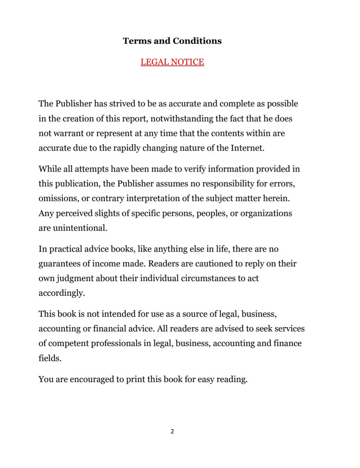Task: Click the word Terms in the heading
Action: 137,41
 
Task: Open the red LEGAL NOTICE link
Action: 172,62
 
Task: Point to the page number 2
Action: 172,431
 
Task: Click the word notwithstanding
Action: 182,119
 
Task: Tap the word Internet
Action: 247,148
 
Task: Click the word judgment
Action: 75,278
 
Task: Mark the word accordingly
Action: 62,293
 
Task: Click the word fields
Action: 50,358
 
